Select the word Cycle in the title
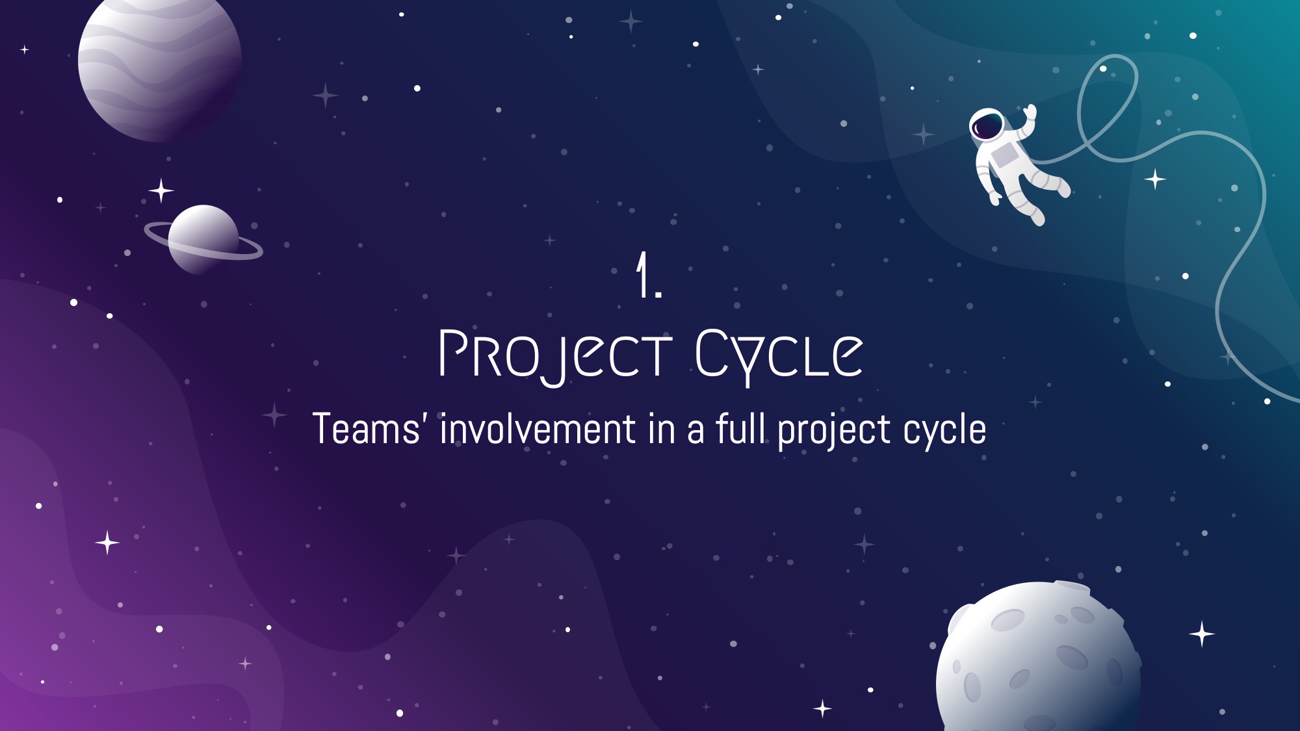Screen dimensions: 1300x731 coord(779,355)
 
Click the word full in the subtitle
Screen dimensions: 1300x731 coord(740,429)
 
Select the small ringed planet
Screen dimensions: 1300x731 coord(203,240)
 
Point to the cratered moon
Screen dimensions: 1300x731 coord(1038,656)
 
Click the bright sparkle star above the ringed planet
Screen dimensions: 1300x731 coord(161,191)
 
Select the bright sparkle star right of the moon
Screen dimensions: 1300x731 coord(1202,634)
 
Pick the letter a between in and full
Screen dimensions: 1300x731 coord(695,433)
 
